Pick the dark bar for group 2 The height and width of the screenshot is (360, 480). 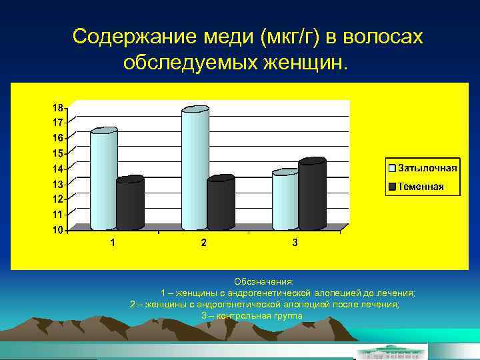coord(221,203)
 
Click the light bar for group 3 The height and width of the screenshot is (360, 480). coord(285,200)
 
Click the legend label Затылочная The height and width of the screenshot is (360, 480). coord(427,167)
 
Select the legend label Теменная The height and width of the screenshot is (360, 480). coord(421,186)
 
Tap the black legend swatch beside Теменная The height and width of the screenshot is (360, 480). coord(392,186)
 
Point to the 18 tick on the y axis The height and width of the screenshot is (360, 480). coord(58,107)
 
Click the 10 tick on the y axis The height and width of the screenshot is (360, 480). coord(58,230)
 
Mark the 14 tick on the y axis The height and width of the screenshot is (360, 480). coord(58,169)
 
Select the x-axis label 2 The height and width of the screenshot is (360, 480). coord(203,243)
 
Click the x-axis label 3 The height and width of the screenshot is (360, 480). coord(295,243)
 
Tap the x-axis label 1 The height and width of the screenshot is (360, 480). coord(112,243)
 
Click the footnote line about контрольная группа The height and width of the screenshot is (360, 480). coord(252,315)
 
